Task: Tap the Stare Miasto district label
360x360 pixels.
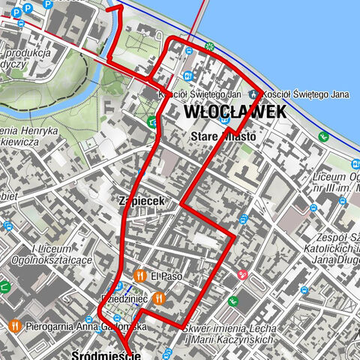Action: point(223,136)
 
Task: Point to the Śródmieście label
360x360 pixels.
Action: point(106,354)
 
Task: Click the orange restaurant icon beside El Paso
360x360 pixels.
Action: point(139,275)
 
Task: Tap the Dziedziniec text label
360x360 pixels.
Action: point(124,298)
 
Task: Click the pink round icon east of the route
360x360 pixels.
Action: point(241,275)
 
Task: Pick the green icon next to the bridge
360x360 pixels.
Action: point(210,46)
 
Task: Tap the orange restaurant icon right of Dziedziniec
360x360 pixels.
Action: point(157,298)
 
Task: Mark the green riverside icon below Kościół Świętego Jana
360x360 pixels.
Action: point(323,136)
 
